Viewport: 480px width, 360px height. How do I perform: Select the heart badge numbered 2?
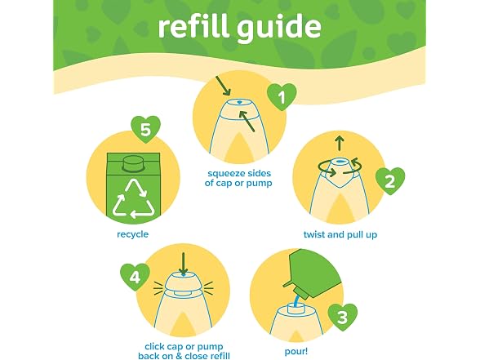pos(390,181)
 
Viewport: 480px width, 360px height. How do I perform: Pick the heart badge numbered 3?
pos(342,317)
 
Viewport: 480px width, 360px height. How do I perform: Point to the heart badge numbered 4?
pos(135,277)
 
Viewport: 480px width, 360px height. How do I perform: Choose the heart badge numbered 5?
pos(145,129)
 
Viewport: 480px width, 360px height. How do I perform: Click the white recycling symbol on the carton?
pos(134,198)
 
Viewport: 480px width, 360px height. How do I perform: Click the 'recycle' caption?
pos(132,234)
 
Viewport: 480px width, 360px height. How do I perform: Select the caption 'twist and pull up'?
pos(340,235)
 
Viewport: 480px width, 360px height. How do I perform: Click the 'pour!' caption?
pos(296,351)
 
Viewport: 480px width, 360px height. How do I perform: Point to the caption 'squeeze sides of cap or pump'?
pos(238,178)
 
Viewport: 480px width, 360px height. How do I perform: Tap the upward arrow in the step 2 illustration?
pos(340,144)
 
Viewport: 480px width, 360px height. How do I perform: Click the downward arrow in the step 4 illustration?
pos(183,264)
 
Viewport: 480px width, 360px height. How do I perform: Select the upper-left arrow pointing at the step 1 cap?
pos(223,86)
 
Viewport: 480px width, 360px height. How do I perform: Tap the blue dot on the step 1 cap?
pos(239,102)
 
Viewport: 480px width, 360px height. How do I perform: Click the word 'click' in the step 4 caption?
pos(155,347)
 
